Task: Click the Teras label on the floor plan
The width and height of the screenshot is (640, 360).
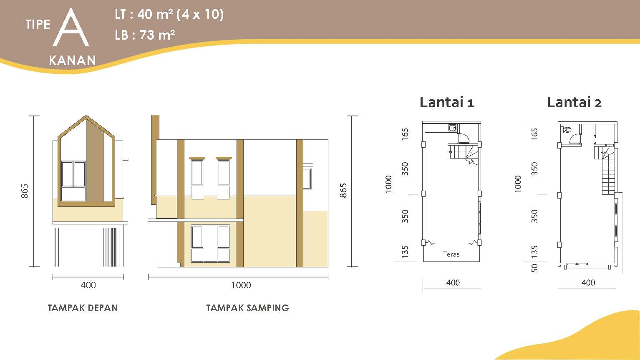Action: tap(451, 254)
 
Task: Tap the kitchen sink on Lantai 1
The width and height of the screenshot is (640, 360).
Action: tap(452, 128)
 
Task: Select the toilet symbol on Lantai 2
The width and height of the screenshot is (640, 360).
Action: tap(566, 130)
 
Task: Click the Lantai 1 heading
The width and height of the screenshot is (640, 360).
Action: tap(447, 102)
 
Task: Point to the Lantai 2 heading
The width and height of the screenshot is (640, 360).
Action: tap(574, 102)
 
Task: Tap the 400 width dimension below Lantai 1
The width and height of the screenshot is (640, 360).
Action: tap(453, 282)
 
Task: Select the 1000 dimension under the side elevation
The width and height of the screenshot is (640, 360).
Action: tap(241, 285)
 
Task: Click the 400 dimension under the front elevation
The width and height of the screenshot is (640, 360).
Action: tap(88, 285)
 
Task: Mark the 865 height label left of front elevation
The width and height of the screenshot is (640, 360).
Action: tap(25, 191)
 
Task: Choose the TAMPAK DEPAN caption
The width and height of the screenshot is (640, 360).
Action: tap(83, 308)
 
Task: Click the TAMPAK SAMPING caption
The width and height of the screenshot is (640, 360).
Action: tap(247, 308)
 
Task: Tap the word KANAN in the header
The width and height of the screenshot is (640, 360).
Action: tap(72, 60)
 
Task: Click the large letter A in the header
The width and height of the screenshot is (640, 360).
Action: tap(71, 27)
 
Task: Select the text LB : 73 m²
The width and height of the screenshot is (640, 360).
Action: tap(145, 35)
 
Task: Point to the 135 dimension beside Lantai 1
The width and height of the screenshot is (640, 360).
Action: tap(405, 252)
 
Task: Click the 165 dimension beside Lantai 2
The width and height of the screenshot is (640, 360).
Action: tap(534, 134)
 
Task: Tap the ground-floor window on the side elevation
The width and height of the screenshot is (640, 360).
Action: tap(210, 244)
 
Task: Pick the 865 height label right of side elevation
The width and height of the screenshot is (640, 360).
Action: tap(343, 190)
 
